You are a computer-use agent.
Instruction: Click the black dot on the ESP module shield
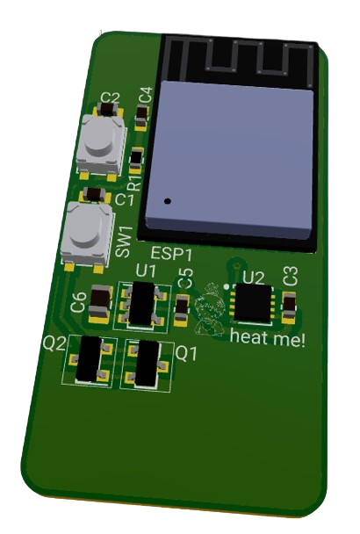[167, 201]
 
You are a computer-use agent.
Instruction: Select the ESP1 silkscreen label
[171, 254]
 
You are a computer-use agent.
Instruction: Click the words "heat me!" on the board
[267, 337]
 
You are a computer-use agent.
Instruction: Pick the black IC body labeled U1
[141, 303]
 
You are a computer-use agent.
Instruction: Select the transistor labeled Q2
[89, 358]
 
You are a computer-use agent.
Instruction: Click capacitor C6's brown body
[100, 299]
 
